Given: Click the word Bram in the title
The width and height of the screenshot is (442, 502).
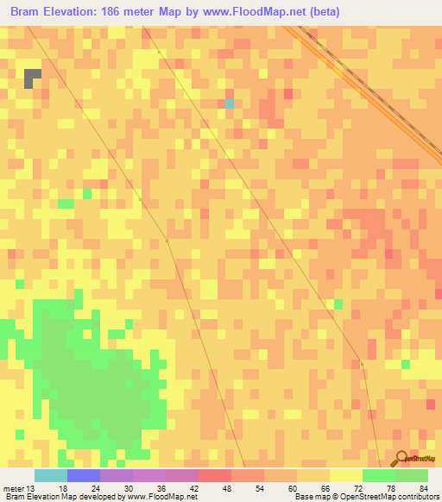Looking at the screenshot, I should [x=28, y=12].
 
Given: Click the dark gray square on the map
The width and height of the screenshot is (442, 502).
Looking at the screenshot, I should [x=32, y=78].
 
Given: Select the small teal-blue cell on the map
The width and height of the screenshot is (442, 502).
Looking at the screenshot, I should [x=230, y=104].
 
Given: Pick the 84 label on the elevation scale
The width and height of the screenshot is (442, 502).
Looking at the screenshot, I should [x=423, y=488].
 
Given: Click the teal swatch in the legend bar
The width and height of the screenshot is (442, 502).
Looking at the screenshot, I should [x=51, y=475].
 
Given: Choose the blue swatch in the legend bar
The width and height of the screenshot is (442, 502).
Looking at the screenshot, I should [x=84, y=475].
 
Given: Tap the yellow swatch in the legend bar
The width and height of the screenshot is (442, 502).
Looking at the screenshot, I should [x=346, y=475].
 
